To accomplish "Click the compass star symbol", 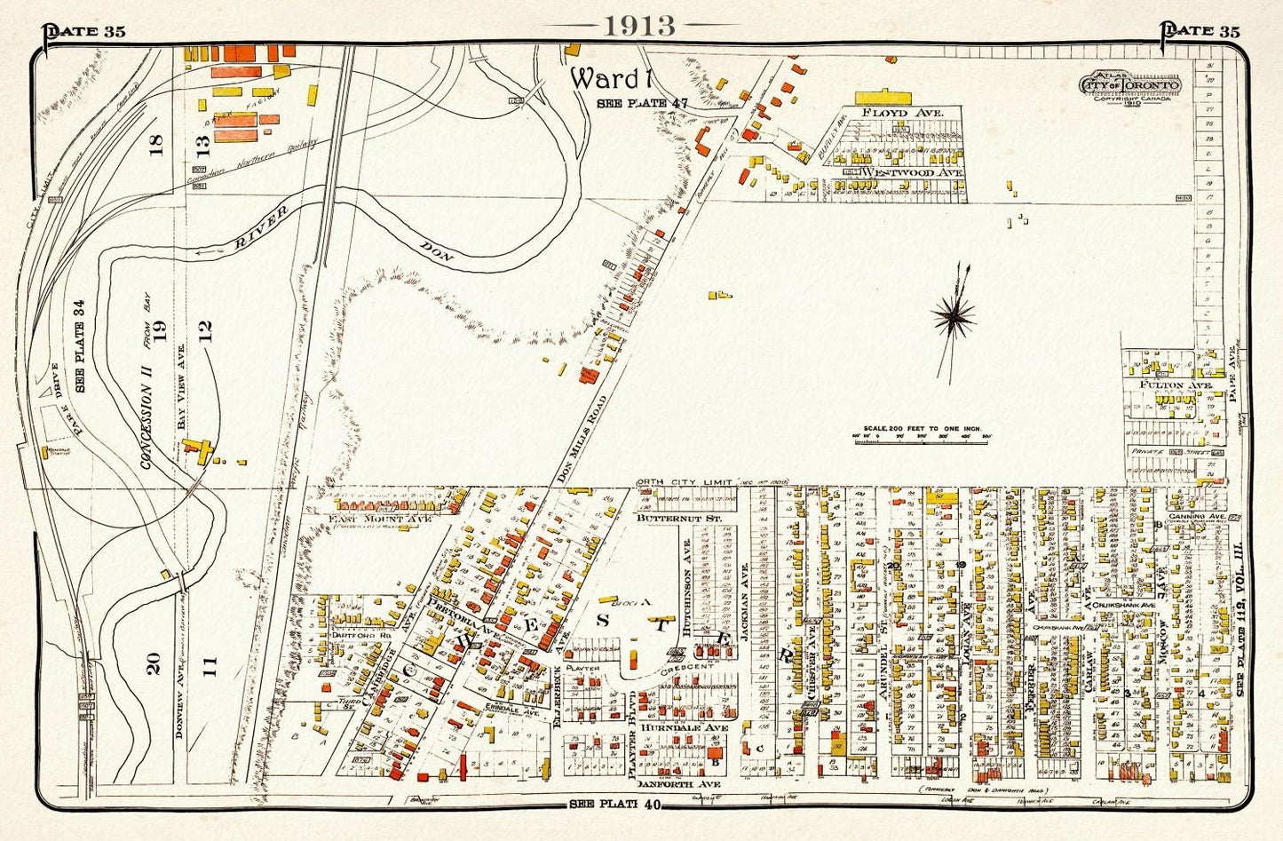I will (954, 314).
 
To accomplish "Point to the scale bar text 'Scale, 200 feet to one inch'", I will (915, 425).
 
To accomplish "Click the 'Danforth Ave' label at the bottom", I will (677, 785).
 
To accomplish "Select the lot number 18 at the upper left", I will (158, 143).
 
